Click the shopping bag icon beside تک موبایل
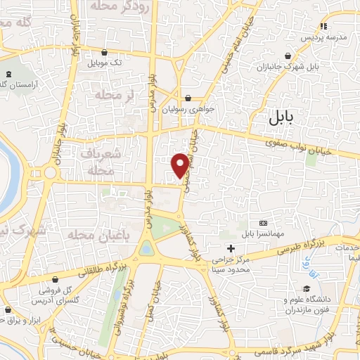coord(105,52)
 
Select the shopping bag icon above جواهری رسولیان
coord(188,98)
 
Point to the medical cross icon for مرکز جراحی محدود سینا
coord(231,248)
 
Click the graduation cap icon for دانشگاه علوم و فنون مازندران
coord(307,289)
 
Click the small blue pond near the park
coord(146,248)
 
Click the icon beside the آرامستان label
coord(9,74)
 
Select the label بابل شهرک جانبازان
coord(319,66)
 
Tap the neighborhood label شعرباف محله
coord(106,162)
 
